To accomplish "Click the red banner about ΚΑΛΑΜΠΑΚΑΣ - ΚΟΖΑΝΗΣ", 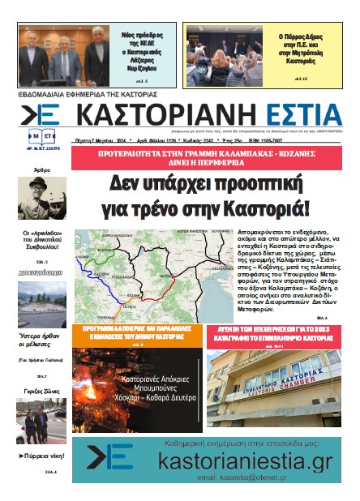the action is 214,154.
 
